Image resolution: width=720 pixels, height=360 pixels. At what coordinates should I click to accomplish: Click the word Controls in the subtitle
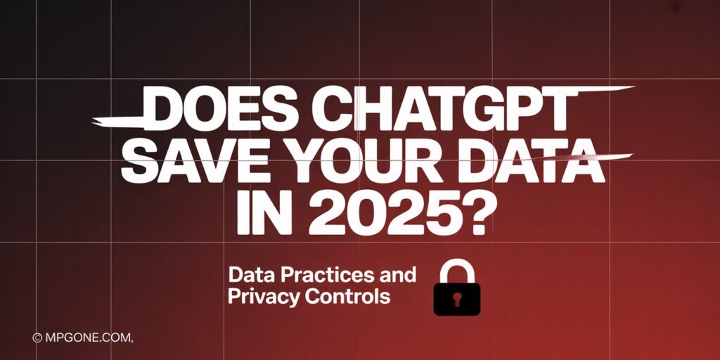click(348, 297)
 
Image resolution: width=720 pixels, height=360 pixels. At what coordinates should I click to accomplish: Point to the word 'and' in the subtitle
click(398, 274)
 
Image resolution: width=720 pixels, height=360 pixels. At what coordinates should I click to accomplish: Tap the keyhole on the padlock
click(456, 300)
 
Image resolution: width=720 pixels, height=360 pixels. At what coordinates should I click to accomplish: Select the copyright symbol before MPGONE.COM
click(37, 338)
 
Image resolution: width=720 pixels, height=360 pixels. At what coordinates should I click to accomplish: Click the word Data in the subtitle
click(250, 274)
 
